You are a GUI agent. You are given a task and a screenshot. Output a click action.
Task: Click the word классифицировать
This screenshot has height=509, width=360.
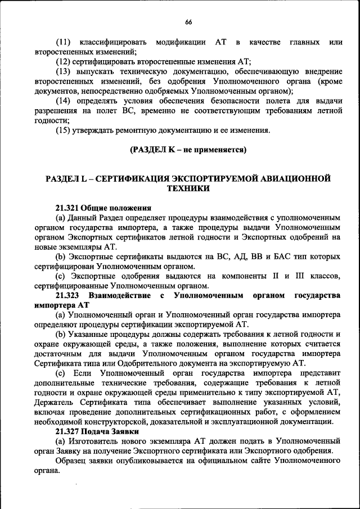(x=114, y=43)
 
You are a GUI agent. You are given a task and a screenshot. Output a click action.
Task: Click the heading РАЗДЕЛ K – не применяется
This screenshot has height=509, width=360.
(x=188, y=150)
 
